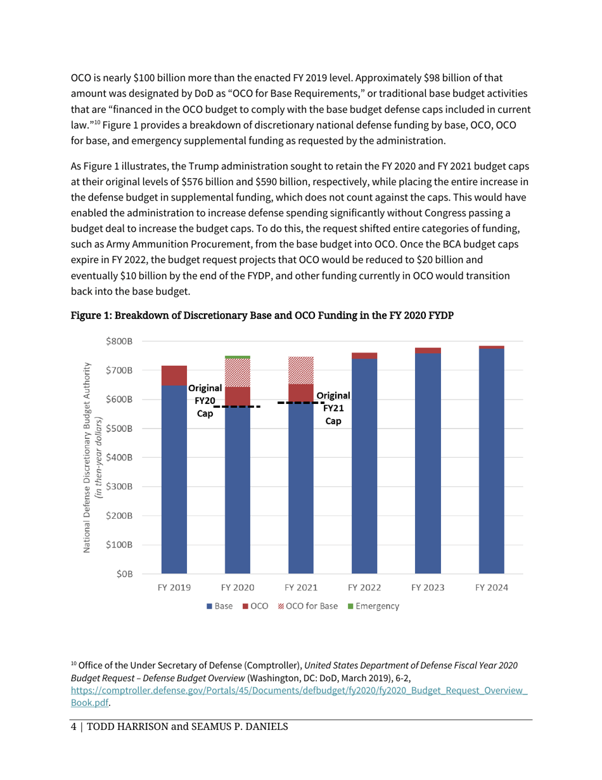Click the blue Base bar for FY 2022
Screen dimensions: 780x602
tap(364, 466)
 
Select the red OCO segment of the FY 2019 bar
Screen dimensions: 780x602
tap(174, 375)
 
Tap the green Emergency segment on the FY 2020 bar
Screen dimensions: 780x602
tap(238, 357)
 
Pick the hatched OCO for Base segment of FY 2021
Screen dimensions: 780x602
tap(301, 371)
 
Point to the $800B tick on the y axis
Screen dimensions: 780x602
tap(120, 341)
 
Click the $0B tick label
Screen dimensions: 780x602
tap(124, 574)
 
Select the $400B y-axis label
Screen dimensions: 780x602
tap(120, 457)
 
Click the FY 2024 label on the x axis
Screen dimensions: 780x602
tap(491, 588)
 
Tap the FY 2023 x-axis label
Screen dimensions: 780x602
tap(428, 588)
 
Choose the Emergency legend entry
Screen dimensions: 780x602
tap(376, 607)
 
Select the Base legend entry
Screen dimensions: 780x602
tap(220, 607)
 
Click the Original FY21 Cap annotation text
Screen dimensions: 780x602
tap(333, 407)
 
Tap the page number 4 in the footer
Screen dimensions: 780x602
tap(73, 726)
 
